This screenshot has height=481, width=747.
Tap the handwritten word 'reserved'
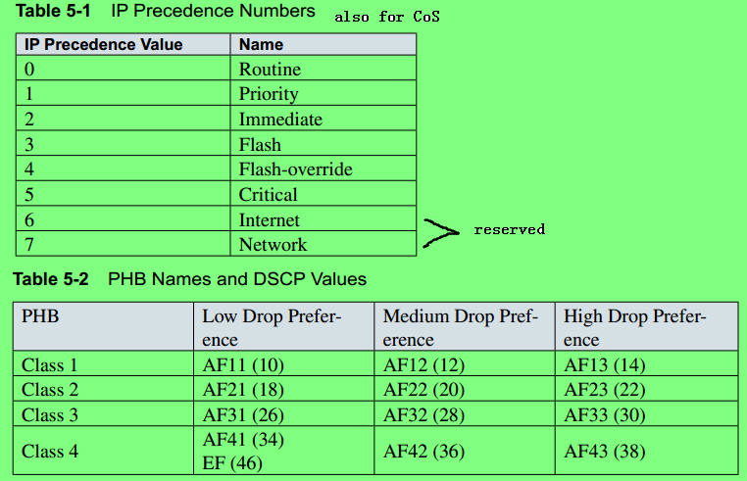[509, 229]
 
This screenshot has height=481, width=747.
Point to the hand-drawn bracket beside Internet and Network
[441, 232]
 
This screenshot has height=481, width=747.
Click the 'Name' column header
[261, 44]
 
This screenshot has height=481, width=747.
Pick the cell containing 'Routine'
[270, 70]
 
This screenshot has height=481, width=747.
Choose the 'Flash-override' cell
[295, 169]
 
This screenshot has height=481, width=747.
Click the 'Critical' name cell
[269, 195]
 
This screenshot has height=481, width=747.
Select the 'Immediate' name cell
[280, 120]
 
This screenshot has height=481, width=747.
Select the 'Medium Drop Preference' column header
[461, 328]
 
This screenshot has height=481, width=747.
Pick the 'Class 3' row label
[50, 415]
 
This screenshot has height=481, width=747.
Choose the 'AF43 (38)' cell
[605, 451]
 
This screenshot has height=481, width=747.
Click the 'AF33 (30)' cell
[605, 415]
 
